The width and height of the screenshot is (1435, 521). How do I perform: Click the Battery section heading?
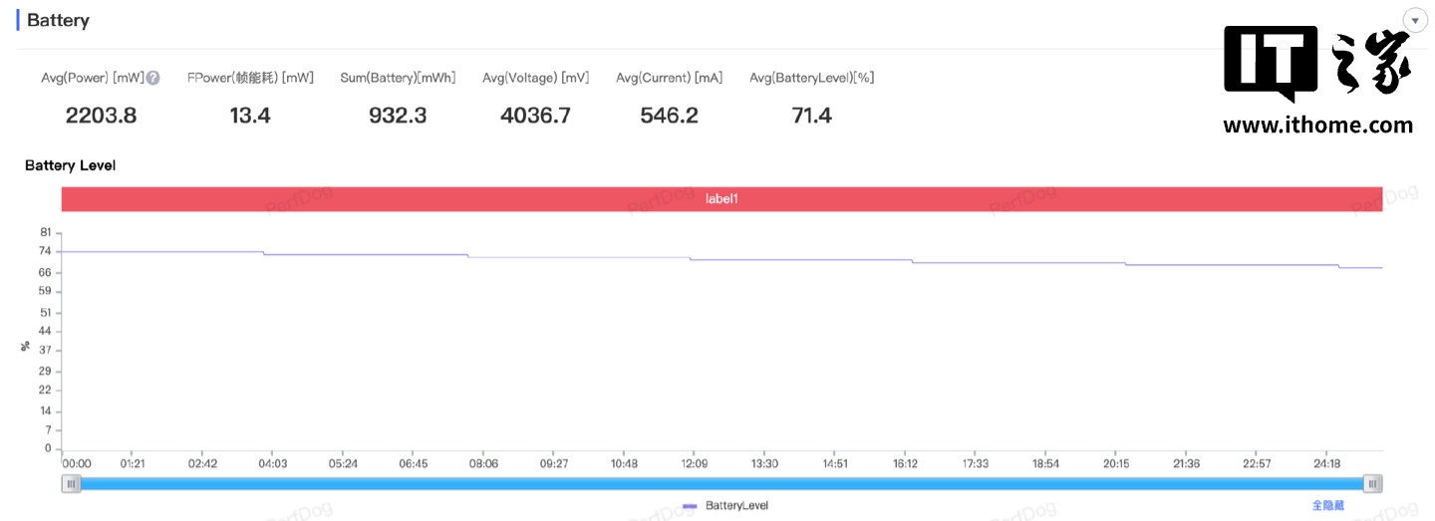(58, 20)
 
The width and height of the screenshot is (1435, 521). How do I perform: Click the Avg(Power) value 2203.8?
(101, 116)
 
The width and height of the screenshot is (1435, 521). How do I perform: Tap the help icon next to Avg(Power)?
(153, 78)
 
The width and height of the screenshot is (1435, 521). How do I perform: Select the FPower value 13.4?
(250, 116)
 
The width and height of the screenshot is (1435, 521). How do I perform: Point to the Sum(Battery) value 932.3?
(398, 116)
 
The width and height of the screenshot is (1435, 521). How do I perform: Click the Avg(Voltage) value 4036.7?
(535, 116)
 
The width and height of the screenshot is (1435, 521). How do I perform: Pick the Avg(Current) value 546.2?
(669, 116)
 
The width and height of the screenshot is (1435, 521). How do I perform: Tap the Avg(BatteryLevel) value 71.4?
(811, 116)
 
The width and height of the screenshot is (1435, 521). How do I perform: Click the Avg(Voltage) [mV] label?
(535, 78)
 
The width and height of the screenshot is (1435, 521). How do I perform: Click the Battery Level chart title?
(70, 165)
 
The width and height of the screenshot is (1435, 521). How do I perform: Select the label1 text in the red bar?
(721, 199)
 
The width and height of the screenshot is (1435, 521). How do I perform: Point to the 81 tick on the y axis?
(45, 232)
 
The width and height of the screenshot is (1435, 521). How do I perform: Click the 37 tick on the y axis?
(45, 351)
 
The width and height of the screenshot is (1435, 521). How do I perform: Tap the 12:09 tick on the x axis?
(695, 463)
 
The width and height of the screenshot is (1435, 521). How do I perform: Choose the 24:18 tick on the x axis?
(1327, 463)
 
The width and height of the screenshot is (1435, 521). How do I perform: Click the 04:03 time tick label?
(273, 463)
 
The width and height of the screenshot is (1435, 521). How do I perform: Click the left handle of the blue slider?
(71, 484)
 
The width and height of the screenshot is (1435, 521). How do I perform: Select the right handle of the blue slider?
(1373, 484)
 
